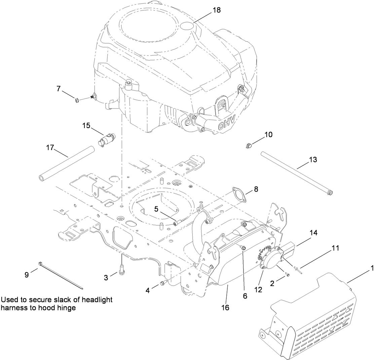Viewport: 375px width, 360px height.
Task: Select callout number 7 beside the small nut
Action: click(59, 89)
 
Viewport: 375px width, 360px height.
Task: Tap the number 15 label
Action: click(86, 125)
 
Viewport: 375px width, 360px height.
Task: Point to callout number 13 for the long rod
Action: click(313, 160)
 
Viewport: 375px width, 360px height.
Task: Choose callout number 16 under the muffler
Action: click(225, 307)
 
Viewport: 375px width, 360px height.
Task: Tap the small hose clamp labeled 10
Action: click(248, 146)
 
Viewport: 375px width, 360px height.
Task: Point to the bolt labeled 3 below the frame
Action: click(121, 268)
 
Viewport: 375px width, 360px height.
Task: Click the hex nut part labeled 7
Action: click(77, 99)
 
